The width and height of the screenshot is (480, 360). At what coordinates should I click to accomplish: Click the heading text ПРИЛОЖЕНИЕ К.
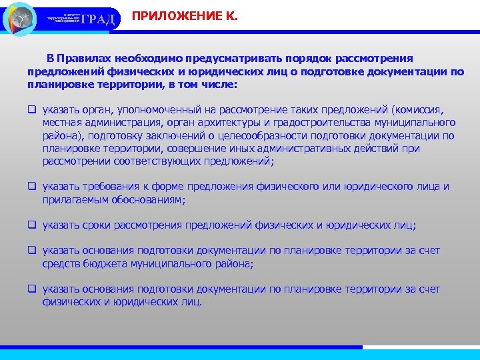click(185, 14)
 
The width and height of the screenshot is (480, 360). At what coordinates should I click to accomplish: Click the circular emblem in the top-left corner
click(21, 18)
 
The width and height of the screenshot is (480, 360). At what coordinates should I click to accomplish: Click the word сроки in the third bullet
click(97, 225)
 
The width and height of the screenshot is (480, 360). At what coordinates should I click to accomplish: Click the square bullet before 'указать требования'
click(31, 187)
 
